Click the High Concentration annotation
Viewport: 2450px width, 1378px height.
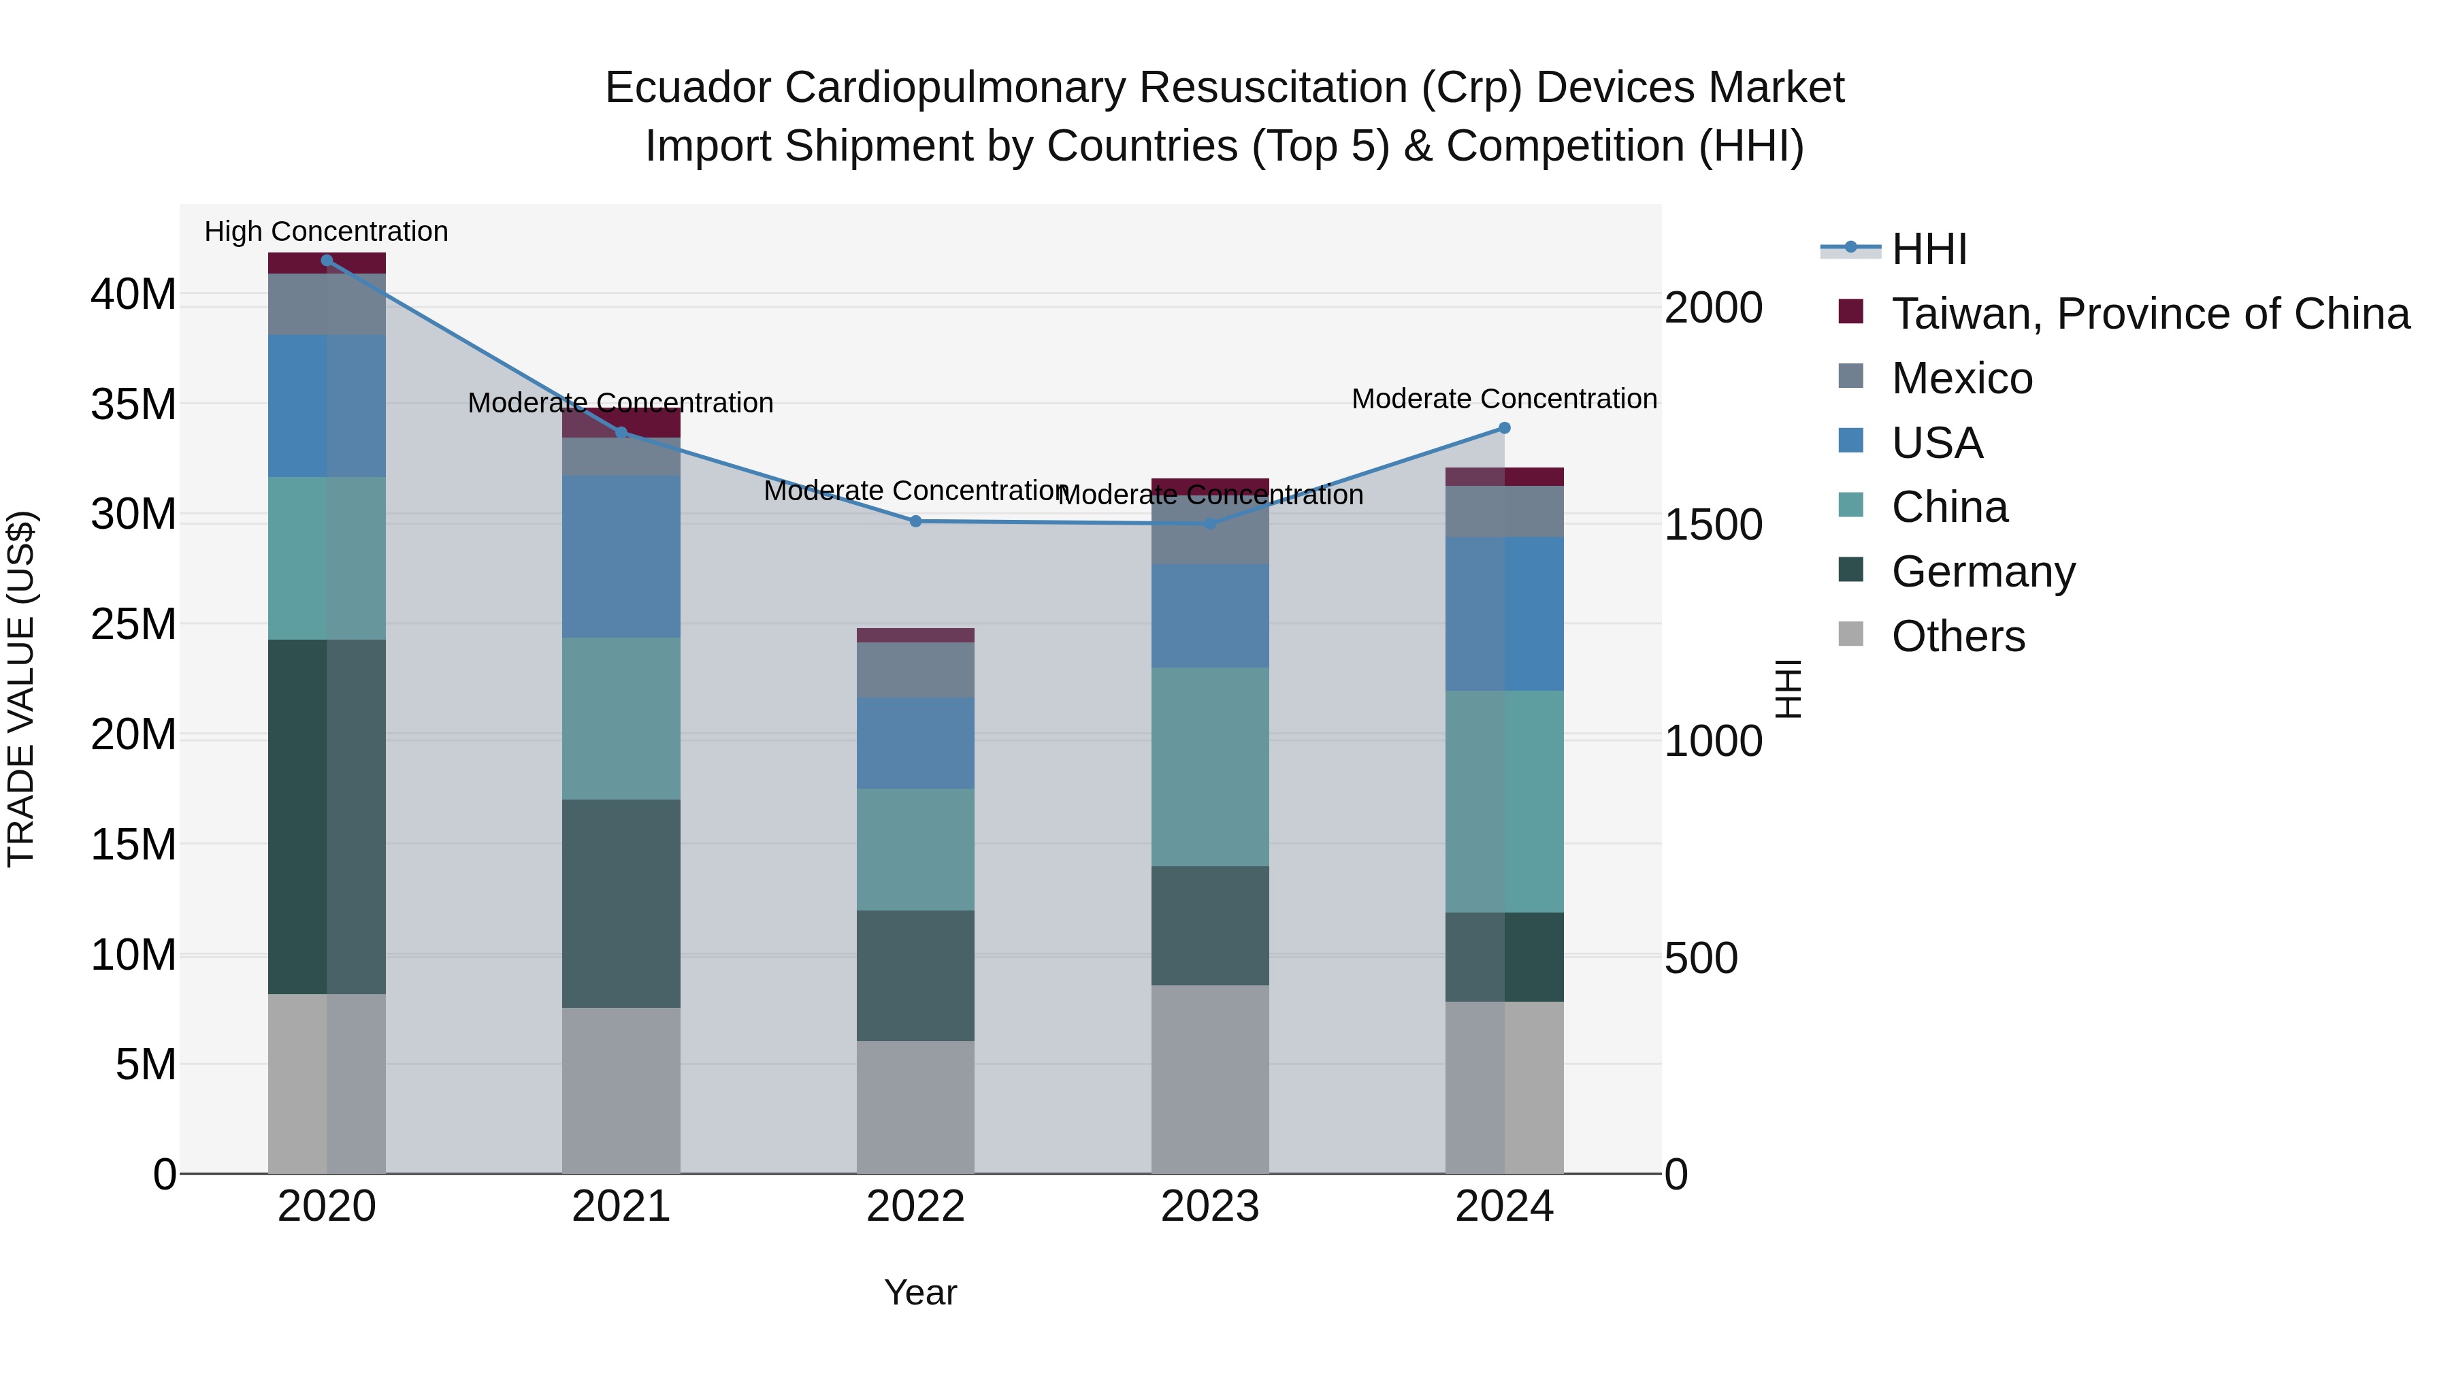326,231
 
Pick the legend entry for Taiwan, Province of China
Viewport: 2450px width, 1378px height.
2149,314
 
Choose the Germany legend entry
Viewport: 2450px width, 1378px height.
1983,572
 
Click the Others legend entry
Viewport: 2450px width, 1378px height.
1957,636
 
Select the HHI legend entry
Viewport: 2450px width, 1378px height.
1929,249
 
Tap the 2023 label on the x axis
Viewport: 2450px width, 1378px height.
1210,1207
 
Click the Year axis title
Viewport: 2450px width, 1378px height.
919,1292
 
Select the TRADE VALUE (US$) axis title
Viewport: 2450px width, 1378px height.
21,689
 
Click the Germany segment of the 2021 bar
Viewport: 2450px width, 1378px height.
621,904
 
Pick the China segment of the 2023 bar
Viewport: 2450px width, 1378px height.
1210,766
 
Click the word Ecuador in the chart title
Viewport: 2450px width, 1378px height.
687,88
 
